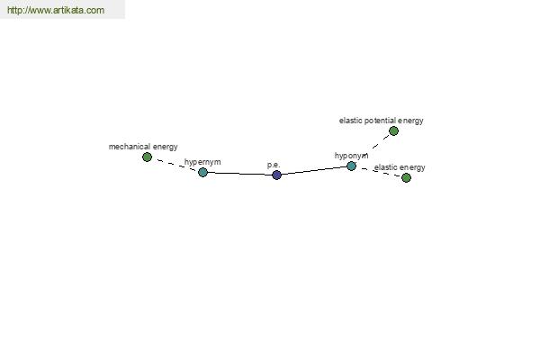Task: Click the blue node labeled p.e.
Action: click(x=276, y=175)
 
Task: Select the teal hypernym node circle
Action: click(x=202, y=172)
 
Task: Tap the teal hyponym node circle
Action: click(x=351, y=166)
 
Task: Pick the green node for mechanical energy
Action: click(x=147, y=157)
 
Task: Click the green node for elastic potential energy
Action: click(x=393, y=130)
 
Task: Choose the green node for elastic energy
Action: click(x=407, y=178)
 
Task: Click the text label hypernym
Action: click(x=202, y=162)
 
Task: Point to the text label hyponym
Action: click(x=351, y=156)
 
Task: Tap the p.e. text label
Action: click(x=274, y=165)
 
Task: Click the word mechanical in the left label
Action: click(x=130, y=147)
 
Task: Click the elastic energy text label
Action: click(x=400, y=167)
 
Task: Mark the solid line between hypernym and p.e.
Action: click(x=239, y=174)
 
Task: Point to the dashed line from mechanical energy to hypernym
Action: click(x=175, y=165)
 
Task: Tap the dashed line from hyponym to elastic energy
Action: click(x=379, y=172)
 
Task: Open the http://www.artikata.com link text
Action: click(x=56, y=10)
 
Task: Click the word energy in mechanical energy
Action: click(x=166, y=147)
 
